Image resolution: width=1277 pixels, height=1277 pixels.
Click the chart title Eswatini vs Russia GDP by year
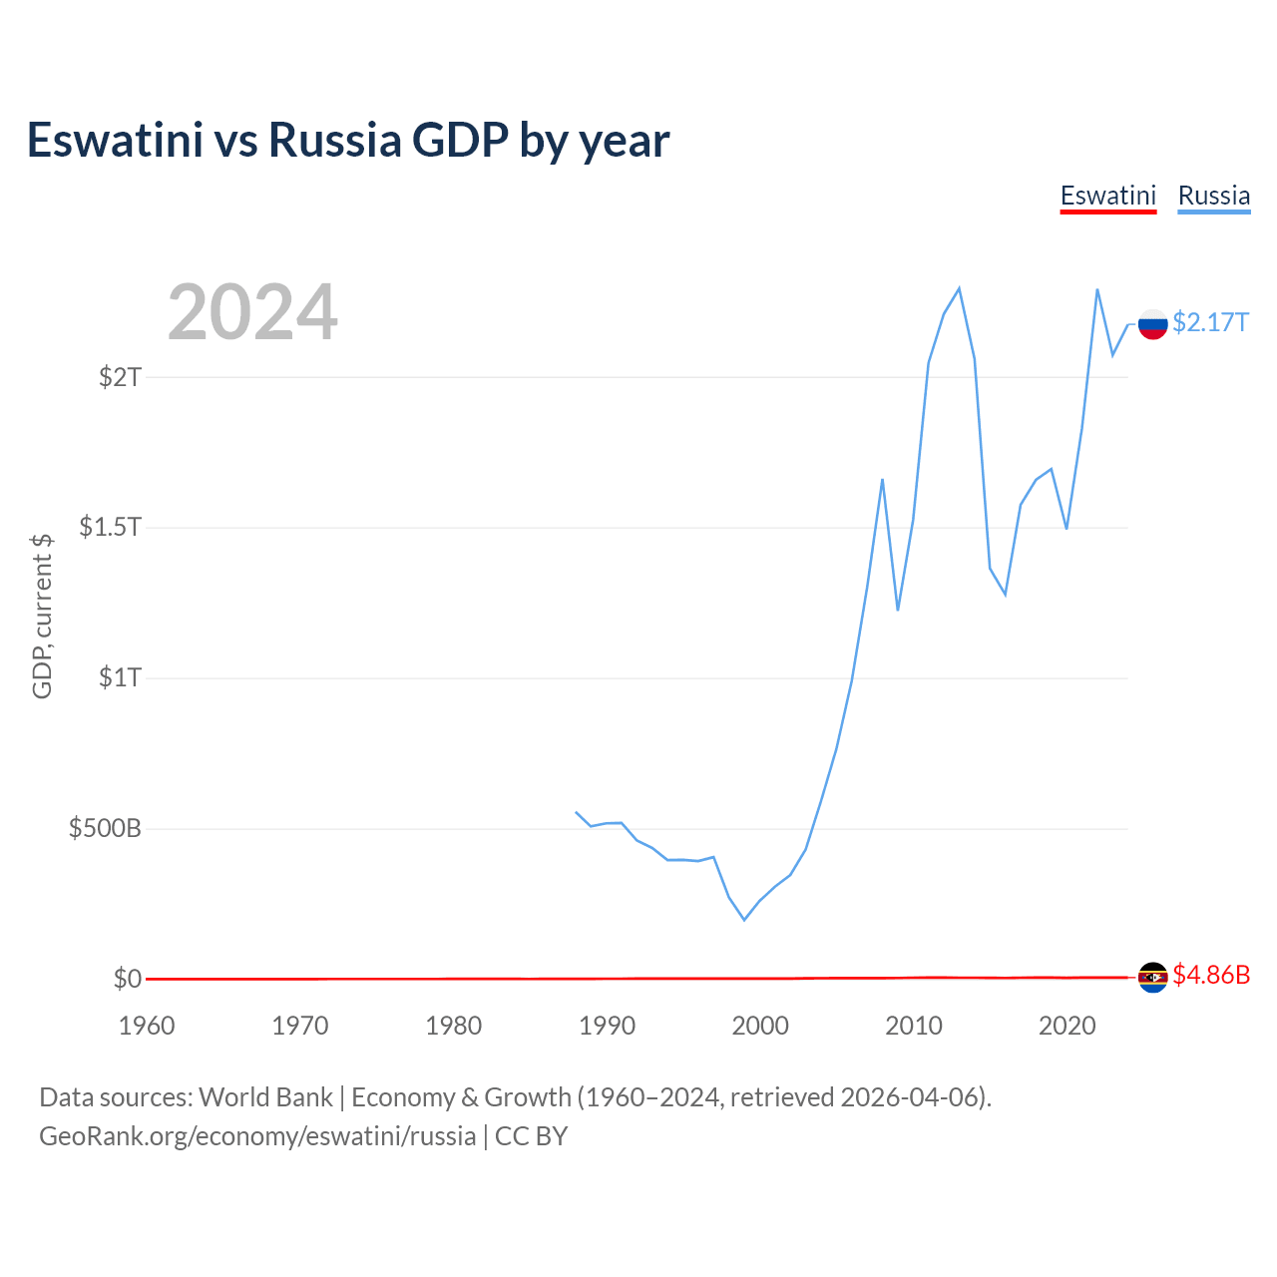[348, 141]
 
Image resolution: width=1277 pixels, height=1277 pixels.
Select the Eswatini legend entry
[1108, 197]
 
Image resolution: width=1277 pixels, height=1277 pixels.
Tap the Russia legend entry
[1213, 197]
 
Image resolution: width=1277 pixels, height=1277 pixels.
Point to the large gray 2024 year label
[252, 311]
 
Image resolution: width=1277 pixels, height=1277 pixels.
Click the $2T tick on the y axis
[120, 377]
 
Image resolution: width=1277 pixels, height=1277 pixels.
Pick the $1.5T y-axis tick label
[110, 528]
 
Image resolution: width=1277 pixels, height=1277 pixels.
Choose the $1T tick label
[120, 678]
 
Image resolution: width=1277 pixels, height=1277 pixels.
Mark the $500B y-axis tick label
[105, 828]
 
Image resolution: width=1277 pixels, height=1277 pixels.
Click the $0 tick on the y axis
[128, 979]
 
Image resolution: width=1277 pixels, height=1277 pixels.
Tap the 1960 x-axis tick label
[147, 1026]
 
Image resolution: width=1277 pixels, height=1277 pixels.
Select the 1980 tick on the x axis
[453, 1026]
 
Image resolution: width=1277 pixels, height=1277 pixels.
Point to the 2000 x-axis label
[760, 1026]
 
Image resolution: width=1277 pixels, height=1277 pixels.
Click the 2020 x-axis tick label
[1066, 1026]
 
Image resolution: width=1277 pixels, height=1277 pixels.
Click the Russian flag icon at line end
[1153, 324]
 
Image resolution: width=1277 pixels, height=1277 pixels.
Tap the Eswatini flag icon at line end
[1153, 977]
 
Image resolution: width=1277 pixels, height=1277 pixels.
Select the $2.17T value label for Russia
[1211, 322]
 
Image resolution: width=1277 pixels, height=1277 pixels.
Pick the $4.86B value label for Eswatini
[1211, 975]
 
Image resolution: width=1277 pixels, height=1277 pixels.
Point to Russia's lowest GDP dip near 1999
[744, 919]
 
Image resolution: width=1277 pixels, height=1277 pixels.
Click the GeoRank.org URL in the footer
[257, 1136]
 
